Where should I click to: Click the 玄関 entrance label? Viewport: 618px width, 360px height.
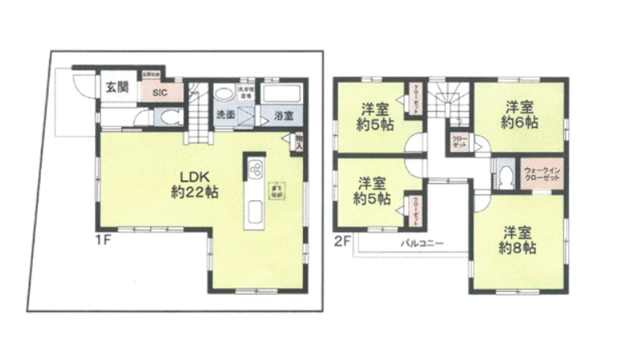click(117, 88)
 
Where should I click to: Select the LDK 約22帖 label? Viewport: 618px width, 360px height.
click(194, 184)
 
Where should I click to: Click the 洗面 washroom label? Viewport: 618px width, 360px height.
click(225, 115)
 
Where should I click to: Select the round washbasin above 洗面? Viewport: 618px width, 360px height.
click(224, 92)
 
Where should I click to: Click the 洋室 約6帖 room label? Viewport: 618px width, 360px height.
click(520, 115)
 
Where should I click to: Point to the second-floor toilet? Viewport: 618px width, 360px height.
click(505, 177)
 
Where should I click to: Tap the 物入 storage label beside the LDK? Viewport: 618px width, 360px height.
click(297, 142)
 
